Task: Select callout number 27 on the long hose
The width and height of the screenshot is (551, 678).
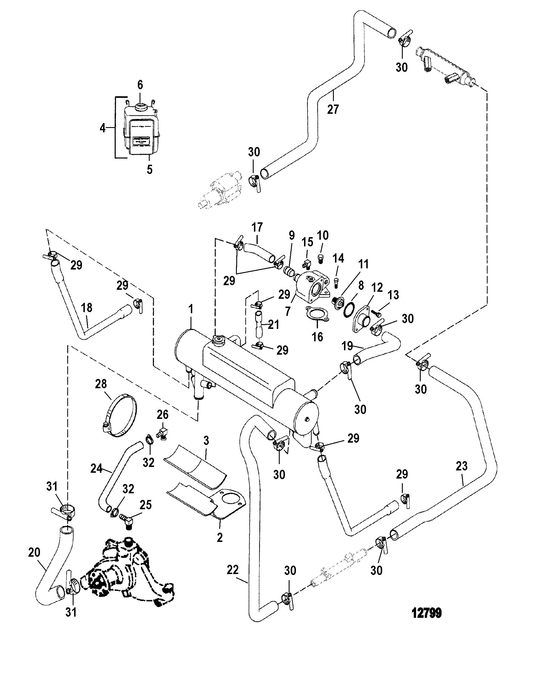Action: point(333,109)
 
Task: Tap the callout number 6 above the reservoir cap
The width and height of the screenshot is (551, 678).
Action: point(140,85)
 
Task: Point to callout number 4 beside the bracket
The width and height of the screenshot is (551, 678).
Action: point(102,128)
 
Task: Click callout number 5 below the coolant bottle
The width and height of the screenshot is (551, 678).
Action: point(149,169)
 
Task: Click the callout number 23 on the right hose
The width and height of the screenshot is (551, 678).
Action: point(462,466)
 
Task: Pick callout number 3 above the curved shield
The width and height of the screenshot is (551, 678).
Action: point(206,440)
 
